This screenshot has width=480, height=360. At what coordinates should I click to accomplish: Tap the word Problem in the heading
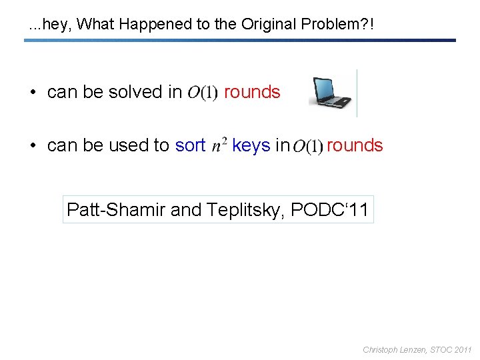329,25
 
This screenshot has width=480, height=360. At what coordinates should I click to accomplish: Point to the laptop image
331,93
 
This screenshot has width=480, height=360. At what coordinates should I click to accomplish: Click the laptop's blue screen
329,89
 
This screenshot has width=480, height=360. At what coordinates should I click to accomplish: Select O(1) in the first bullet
203,93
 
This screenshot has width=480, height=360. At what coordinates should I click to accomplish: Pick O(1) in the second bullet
307,146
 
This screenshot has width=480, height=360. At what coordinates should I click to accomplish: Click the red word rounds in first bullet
252,92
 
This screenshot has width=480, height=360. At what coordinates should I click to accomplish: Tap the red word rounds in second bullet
355,145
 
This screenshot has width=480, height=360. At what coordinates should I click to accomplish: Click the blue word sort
190,145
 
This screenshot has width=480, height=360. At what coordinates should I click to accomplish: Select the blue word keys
251,145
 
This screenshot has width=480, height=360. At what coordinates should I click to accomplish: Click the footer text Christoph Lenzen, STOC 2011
417,349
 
